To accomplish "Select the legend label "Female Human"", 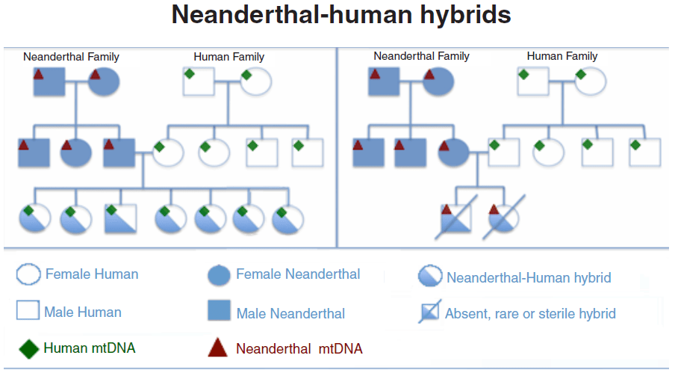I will click(x=92, y=274).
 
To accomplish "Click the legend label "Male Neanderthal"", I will click(x=290, y=313).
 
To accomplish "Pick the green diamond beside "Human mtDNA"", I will click(x=28, y=348).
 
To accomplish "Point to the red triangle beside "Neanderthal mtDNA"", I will click(x=217, y=348).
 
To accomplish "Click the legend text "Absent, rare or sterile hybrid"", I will click(x=530, y=313).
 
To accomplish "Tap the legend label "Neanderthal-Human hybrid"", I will click(x=529, y=278).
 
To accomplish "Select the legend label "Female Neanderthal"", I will click(x=298, y=274).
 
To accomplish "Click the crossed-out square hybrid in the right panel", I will click(x=455, y=218).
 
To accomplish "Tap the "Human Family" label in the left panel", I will click(x=228, y=56).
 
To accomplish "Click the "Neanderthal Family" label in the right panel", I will click(x=421, y=56).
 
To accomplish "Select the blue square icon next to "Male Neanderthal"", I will click(x=218, y=312).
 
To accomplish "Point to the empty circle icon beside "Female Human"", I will click(x=28, y=274).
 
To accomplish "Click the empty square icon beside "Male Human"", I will click(x=28, y=311).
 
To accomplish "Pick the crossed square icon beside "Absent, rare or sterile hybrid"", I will click(x=429, y=313).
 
